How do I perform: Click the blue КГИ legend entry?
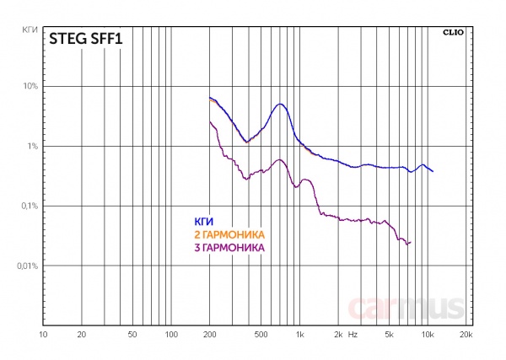[203, 221]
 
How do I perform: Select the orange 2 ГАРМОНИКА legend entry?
[229, 234]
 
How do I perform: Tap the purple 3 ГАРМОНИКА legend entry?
[229, 248]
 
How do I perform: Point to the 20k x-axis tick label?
[465, 335]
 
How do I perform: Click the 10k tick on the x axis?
[427, 335]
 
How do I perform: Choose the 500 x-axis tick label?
[261, 335]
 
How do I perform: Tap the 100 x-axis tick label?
[171, 335]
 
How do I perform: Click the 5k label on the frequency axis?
[389, 335]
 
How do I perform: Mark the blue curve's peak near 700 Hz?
[280, 104]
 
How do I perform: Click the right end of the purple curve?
[409, 243]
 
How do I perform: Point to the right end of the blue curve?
[433, 171]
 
